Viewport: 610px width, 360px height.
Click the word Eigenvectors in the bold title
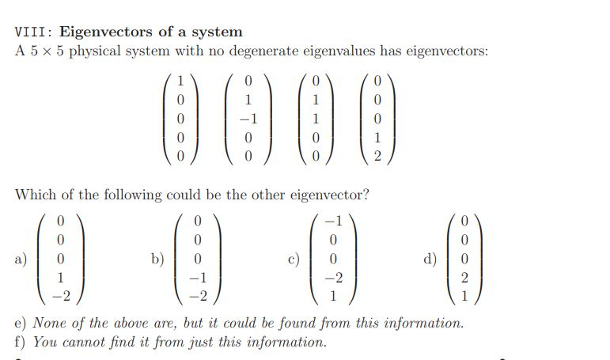[106, 32]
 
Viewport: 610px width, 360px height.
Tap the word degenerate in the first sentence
[263, 51]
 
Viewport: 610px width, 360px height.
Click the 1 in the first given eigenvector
[180, 81]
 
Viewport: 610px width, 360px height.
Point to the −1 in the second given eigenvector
[248, 119]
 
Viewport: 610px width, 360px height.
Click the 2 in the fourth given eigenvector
[377, 156]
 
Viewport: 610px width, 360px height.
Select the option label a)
[21, 259]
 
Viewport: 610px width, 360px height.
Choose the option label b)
[158, 259]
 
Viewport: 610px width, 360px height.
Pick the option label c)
[294, 259]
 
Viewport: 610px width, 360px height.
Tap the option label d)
[430, 259]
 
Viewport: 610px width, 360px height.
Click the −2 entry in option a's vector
[62, 297]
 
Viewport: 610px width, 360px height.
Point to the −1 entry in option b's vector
[198, 278]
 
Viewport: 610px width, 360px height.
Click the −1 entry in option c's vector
[333, 221]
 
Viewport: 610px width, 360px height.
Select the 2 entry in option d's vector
[464, 278]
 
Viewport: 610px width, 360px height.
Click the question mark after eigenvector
[365, 194]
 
